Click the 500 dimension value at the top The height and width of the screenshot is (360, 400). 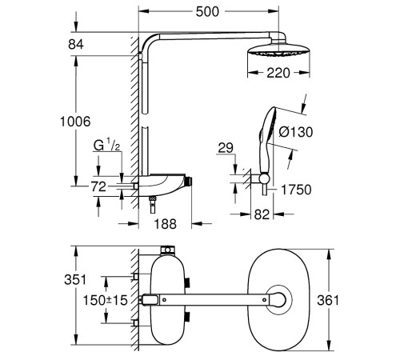[x=207, y=12]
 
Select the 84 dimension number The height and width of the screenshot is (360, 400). [x=76, y=44]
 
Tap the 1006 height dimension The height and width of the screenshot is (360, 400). [x=75, y=122]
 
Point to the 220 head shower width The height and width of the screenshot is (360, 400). [x=278, y=73]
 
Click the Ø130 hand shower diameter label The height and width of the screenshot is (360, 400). [x=296, y=132]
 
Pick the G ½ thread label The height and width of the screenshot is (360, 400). [x=106, y=145]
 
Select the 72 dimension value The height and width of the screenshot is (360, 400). [x=98, y=186]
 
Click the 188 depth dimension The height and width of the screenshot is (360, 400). [x=166, y=224]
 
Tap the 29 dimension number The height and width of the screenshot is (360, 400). [x=226, y=148]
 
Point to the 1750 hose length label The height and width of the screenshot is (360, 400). [x=296, y=190]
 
